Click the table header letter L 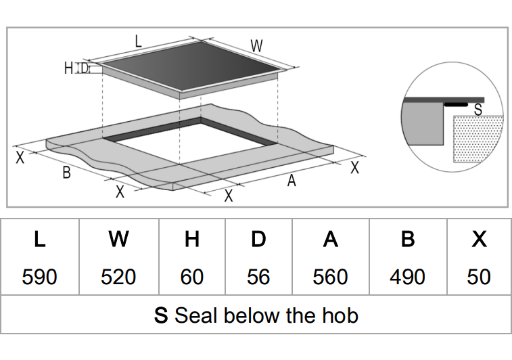pyautogui.click(x=39, y=240)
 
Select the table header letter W pyautogui.click(x=118, y=240)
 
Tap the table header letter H pyautogui.click(x=192, y=240)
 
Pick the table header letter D pyautogui.click(x=258, y=240)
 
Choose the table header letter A pyautogui.click(x=330, y=240)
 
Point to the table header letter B pyautogui.click(x=407, y=240)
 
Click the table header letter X pyautogui.click(x=479, y=240)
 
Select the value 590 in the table pyautogui.click(x=39, y=277)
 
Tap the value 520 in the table pyautogui.click(x=118, y=277)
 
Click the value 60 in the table pyautogui.click(x=192, y=277)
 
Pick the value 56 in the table pyautogui.click(x=258, y=277)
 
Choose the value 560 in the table pyautogui.click(x=330, y=277)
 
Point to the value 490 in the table pyautogui.click(x=407, y=277)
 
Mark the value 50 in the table pyautogui.click(x=479, y=277)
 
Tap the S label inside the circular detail pyautogui.click(x=478, y=108)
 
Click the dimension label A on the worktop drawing pyautogui.click(x=292, y=181)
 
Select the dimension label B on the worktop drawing pyautogui.click(x=66, y=173)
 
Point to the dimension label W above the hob pyautogui.click(x=256, y=46)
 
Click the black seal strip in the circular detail pyautogui.click(x=457, y=106)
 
